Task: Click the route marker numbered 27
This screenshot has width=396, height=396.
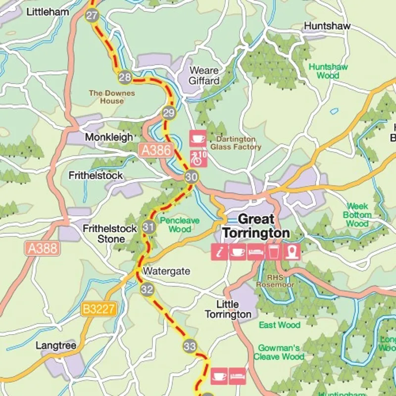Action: pos(92,15)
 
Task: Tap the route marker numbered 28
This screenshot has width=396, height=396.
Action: pos(125,77)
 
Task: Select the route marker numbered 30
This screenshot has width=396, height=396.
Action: pos(192,177)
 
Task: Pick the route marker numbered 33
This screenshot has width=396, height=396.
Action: pos(190,346)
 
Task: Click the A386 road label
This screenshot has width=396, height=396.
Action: pos(156,150)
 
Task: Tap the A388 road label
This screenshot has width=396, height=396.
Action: pos(43,248)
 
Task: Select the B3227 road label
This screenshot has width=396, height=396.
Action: pos(99,310)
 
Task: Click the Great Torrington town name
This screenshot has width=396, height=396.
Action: pos(256,226)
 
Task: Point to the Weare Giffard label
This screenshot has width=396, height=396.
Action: pos(204,75)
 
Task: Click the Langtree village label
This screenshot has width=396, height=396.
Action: pos(56,346)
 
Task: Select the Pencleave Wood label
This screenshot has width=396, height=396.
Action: pos(180,224)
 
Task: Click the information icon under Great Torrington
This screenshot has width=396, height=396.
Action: pos(220,252)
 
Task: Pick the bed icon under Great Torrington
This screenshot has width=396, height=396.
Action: pos(255,252)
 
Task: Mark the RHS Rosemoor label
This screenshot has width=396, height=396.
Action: pos(275,281)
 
